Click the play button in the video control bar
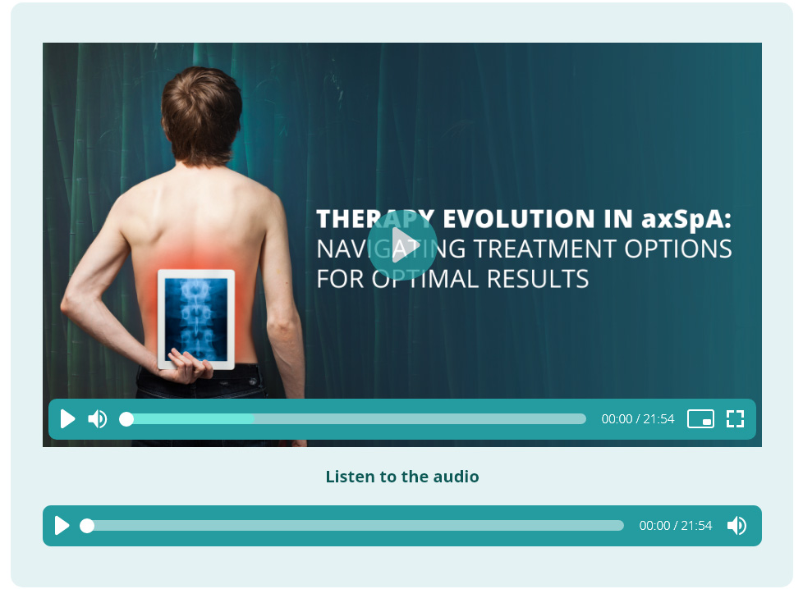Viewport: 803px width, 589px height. (67, 419)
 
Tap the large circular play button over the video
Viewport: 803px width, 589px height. (402, 245)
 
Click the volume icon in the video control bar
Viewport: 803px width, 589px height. (98, 419)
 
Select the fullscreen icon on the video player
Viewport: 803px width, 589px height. (736, 418)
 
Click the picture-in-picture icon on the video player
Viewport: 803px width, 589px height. (700, 418)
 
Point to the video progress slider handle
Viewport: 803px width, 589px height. (126, 419)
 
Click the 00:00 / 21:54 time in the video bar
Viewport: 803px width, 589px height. (638, 419)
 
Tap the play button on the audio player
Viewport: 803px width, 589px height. (62, 526)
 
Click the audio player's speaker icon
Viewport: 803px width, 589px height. (737, 526)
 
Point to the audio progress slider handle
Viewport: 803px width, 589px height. (87, 526)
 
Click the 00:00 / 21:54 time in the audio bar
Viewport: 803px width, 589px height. (676, 526)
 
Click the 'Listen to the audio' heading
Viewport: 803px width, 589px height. (402, 477)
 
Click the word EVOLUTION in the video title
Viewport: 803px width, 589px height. (512, 219)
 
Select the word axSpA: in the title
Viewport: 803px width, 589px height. (686, 219)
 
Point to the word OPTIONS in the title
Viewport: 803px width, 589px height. (678, 249)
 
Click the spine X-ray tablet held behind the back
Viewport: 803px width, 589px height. (196, 319)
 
